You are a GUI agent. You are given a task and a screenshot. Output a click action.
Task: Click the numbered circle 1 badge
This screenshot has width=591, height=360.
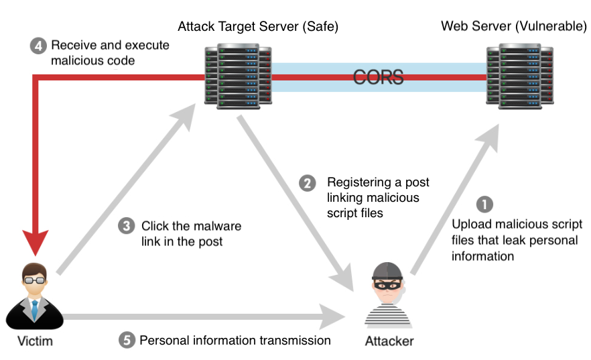[484, 203]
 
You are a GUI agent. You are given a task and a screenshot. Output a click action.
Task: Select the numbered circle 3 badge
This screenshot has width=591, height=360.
[126, 226]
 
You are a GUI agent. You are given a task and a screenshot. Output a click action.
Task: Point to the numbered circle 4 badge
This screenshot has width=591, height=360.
[38, 46]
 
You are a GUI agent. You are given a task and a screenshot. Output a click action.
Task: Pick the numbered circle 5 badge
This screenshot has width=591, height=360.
[126, 340]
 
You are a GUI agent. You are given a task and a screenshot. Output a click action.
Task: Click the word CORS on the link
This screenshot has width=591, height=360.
[379, 77]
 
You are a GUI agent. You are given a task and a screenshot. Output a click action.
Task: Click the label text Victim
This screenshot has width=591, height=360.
[34, 341]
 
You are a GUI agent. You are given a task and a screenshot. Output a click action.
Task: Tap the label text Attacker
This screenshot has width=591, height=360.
[389, 341]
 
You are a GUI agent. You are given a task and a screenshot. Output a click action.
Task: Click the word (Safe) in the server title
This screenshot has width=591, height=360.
[319, 27]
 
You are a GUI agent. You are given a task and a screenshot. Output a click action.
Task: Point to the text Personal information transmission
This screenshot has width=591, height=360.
[235, 340]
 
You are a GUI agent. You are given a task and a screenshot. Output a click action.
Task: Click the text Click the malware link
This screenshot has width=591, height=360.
[191, 226]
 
